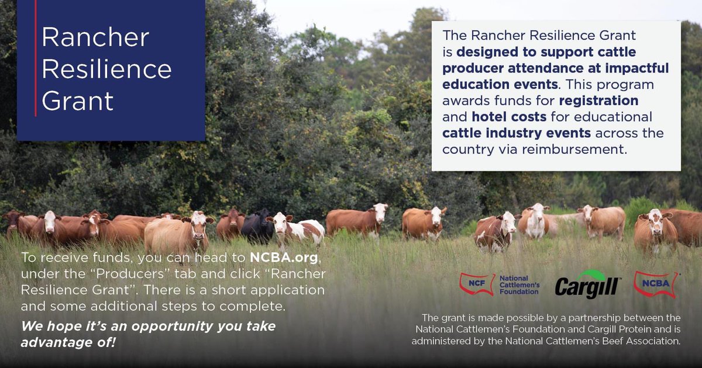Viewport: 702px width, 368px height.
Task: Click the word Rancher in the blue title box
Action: point(95,38)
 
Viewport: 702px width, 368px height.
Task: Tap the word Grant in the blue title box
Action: point(78,100)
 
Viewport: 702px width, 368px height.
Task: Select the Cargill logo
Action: point(587,285)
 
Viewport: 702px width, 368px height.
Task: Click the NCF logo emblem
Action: point(477,284)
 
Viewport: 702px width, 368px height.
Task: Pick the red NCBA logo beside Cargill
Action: point(656,284)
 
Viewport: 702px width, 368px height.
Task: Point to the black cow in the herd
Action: point(257,226)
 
